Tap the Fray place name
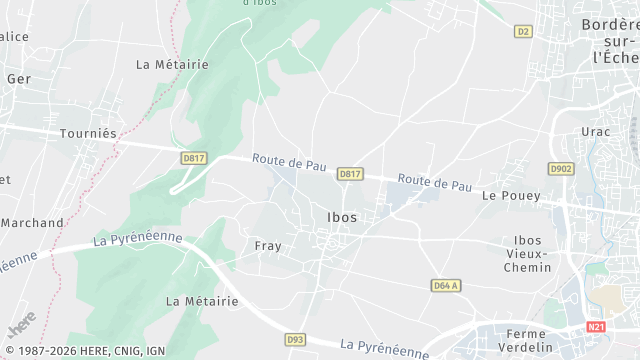click(267, 246)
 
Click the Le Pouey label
click(505, 196)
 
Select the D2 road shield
click(523, 32)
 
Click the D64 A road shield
click(446, 285)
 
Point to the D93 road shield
click(295, 340)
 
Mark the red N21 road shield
click(596, 327)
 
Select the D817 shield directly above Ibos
click(349, 174)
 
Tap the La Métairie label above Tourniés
click(172, 64)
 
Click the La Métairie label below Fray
click(202, 301)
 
